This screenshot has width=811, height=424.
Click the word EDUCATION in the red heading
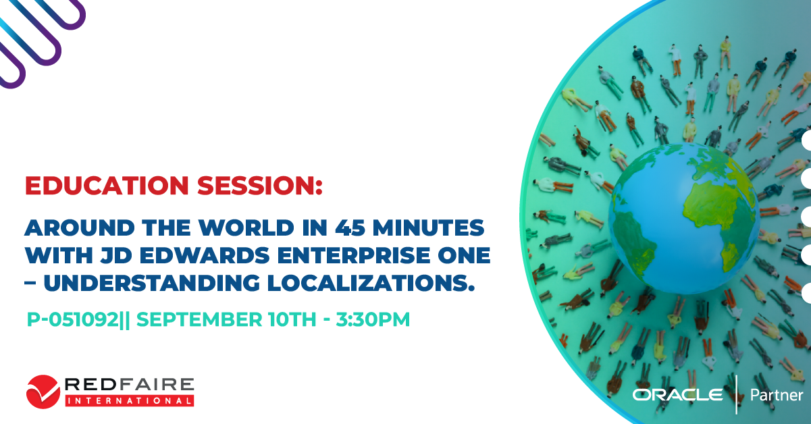[x=107, y=186]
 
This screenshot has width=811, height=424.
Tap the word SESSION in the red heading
[x=259, y=186]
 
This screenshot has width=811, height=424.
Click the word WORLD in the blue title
[x=246, y=228]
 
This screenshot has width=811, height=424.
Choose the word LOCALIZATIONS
[x=371, y=283]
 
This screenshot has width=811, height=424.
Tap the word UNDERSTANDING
[x=152, y=283]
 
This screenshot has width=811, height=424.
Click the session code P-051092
[x=73, y=319]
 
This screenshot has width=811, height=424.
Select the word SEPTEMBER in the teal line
[x=199, y=319]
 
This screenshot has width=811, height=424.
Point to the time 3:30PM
[x=373, y=319]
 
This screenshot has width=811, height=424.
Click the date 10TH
[x=292, y=319]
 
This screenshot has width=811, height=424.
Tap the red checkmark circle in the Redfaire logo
[x=43, y=392]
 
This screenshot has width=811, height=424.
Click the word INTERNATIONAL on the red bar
[x=130, y=401]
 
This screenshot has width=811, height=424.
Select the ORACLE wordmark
[x=677, y=394]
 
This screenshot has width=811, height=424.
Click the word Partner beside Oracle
[x=777, y=395]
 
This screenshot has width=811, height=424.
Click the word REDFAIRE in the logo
[x=130, y=384]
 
